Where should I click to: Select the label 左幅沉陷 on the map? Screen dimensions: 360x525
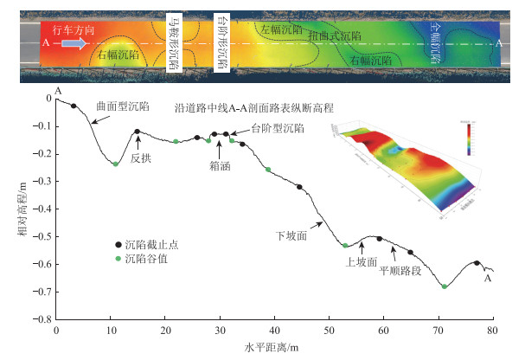tap(281, 29)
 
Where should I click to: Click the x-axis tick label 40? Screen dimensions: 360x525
tap(274, 330)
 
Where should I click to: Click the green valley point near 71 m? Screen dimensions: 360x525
tap(445, 286)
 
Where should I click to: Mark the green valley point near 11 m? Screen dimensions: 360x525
tap(116, 164)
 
